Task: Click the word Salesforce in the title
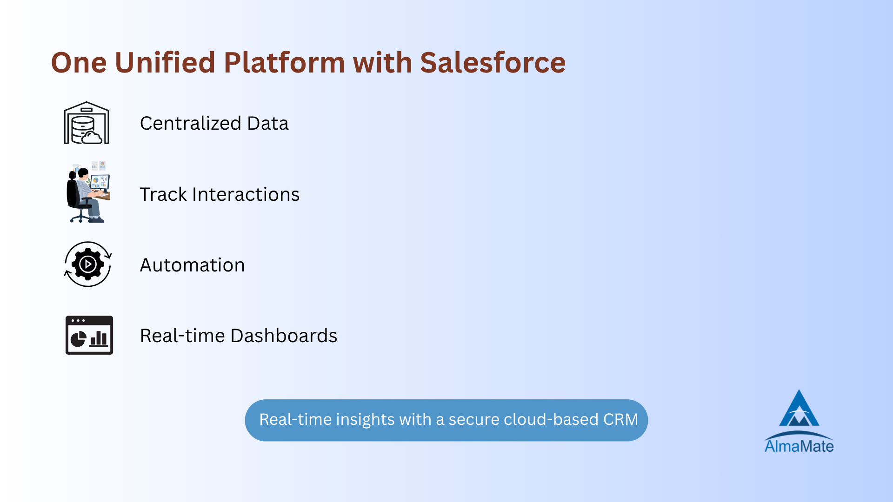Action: (x=493, y=62)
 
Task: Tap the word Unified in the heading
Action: (x=165, y=62)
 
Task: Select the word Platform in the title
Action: (x=284, y=62)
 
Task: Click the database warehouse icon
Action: (x=87, y=123)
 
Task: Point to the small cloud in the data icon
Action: (x=92, y=138)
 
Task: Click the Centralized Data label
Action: (x=214, y=123)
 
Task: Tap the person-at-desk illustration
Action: (x=87, y=192)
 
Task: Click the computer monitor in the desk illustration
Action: (x=100, y=182)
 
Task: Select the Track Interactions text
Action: (x=220, y=194)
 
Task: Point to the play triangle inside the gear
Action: (x=88, y=264)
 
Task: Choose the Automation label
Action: (x=192, y=265)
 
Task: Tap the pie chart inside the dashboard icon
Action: (x=78, y=339)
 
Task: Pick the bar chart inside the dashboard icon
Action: (x=99, y=338)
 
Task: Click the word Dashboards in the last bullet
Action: (x=284, y=336)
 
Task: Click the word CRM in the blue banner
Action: (x=620, y=419)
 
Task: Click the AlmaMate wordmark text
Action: (x=799, y=446)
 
